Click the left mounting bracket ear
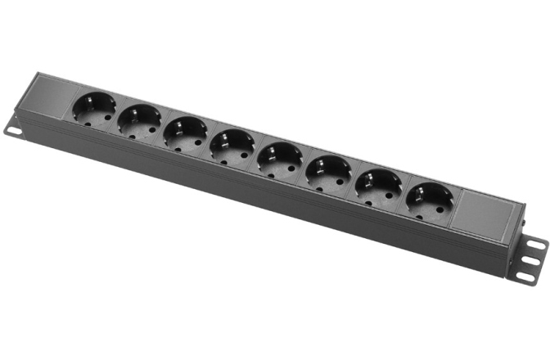[x=16, y=128]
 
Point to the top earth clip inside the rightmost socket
[x=432, y=186]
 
